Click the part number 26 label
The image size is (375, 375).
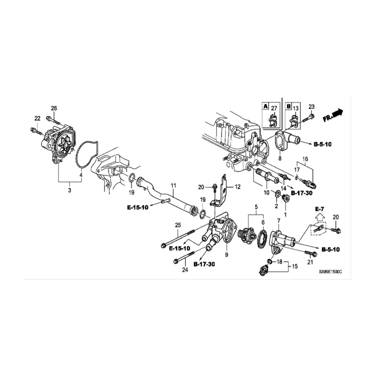click(x=54, y=108)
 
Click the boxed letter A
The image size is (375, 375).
click(x=266, y=106)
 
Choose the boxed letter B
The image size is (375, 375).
click(x=289, y=106)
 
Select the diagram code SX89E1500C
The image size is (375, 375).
click(x=330, y=272)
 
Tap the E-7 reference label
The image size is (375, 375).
click(x=320, y=209)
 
